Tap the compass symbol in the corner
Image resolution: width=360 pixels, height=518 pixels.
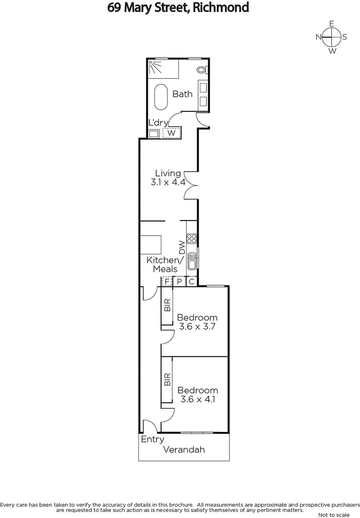click(x=331, y=37)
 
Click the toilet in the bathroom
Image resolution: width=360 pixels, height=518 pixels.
click(x=202, y=70)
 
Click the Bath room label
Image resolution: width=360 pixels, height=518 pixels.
click(x=182, y=94)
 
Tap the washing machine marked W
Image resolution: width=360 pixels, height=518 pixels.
click(x=170, y=133)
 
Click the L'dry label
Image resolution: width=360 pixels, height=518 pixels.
click(x=158, y=123)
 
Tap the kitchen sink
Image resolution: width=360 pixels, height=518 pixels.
click(x=192, y=261)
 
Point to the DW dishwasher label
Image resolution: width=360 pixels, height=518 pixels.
click(x=182, y=247)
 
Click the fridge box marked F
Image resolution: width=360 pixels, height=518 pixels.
click(x=167, y=282)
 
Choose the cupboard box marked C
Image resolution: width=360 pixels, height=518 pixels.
click(x=192, y=282)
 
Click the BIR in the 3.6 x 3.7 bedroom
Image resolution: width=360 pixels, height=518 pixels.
click(x=167, y=306)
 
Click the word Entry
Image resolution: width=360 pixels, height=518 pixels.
click(x=153, y=439)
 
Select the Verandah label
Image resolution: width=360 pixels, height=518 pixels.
click(x=184, y=449)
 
